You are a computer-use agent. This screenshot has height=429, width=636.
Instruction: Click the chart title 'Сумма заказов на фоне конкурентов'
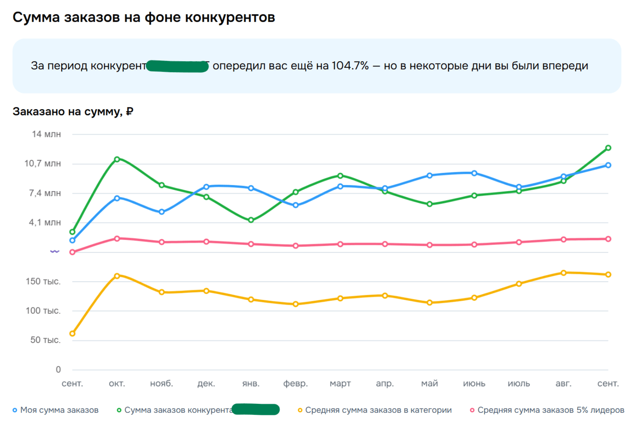[x=143, y=18]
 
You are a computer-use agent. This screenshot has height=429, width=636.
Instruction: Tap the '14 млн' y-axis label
[x=46, y=134]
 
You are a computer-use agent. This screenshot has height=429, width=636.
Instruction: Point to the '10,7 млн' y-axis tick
[x=42, y=164]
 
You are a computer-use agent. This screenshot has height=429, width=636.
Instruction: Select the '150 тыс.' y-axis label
[x=43, y=281]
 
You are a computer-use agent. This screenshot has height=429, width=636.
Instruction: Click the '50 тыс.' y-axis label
[x=45, y=340]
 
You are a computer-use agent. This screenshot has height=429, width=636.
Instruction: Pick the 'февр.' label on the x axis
[x=295, y=383]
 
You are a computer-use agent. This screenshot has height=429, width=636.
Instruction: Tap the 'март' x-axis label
[x=340, y=383]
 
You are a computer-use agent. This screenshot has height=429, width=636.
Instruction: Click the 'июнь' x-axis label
[x=474, y=383]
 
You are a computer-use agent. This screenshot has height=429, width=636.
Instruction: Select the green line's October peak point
[x=117, y=159]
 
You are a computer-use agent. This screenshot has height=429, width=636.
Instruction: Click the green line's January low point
[x=251, y=220]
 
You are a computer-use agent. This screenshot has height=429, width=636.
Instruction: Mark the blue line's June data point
[x=474, y=173]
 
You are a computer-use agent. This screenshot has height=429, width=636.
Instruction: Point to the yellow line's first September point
[x=73, y=334]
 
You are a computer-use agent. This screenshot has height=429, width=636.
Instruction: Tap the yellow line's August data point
[x=563, y=273]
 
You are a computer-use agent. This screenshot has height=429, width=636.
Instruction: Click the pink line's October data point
[x=117, y=238]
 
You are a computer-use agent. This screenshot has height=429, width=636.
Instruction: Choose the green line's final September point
[x=608, y=148]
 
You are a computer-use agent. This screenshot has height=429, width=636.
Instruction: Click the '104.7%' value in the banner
[x=350, y=66]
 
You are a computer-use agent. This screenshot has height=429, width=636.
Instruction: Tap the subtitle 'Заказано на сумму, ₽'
[x=73, y=112]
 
